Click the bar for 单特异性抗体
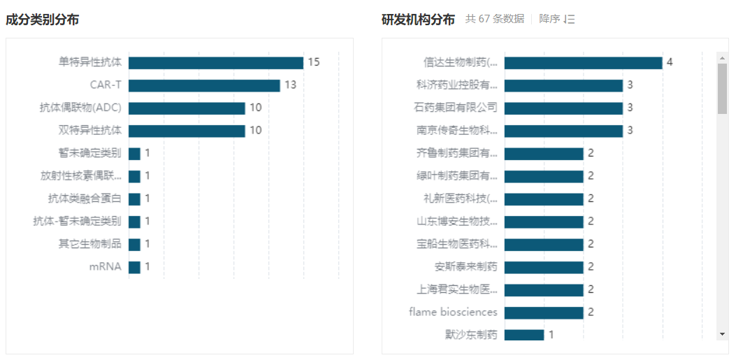pyautogui.click(x=215, y=63)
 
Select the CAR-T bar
pyautogui.click(x=204, y=85)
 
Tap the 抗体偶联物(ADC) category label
pyautogui.click(x=80, y=108)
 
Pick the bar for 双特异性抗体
pyautogui.click(x=187, y=131)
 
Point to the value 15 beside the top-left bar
pyautogui.click(x=313, y=62)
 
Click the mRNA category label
pyautogui.click(x=105, y=267)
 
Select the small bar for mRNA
pyautogui.click(x=134, y=267)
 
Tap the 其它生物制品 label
pyautogui.click(x=89, y=244)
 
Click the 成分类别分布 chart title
pyautogui.click(x=42, y=20)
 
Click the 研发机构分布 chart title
pyautogui.click(x=418, y=20)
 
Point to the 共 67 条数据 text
pyautogui.click(x=495, y=20)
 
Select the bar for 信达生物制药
pyautogui.click(x=583, y=63)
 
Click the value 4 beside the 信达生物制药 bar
pyautogui.click(x=670, y=62)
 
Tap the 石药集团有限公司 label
pyautogui.click(x=456, y=108)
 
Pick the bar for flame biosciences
pyautogui.click(x=544, y=312)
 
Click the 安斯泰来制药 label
pyautogui.click(x=466, y=266)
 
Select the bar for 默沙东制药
pyautogui.click(x=524, y=335)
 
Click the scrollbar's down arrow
pyautogui.click(x=723, y=335)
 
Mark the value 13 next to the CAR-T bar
pyautogui.click(x=290, y=85)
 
